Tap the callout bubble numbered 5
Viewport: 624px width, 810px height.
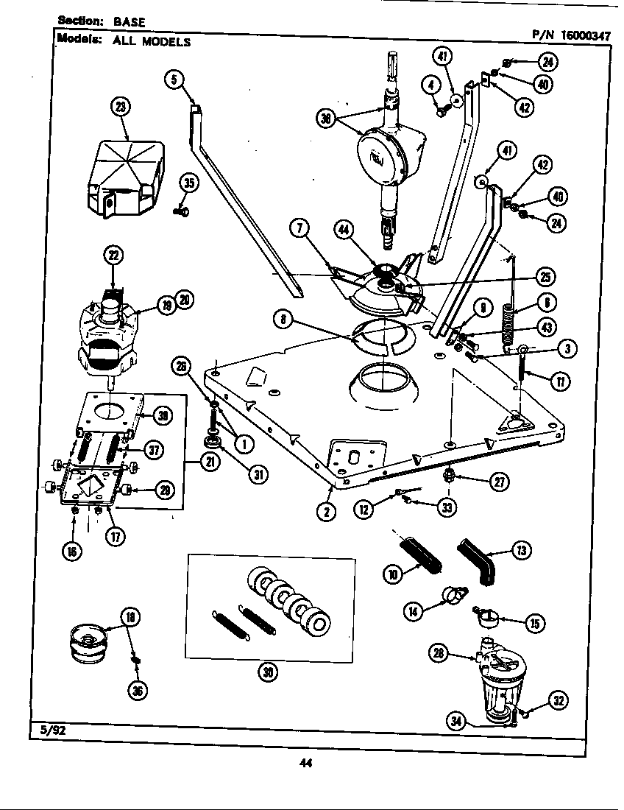coord(173,80)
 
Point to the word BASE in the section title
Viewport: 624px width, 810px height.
coord(130,22)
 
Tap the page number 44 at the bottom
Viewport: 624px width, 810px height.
coord(306,763)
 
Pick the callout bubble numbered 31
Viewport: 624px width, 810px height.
coord(258,475)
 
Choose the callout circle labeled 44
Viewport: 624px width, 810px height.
coord(343,230)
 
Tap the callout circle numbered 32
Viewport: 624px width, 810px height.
coord(559,702)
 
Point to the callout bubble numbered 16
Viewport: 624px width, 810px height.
coord(74,550)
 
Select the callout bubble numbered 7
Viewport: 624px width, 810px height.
coord(298,228)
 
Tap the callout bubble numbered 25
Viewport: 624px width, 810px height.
coord(545,278)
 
